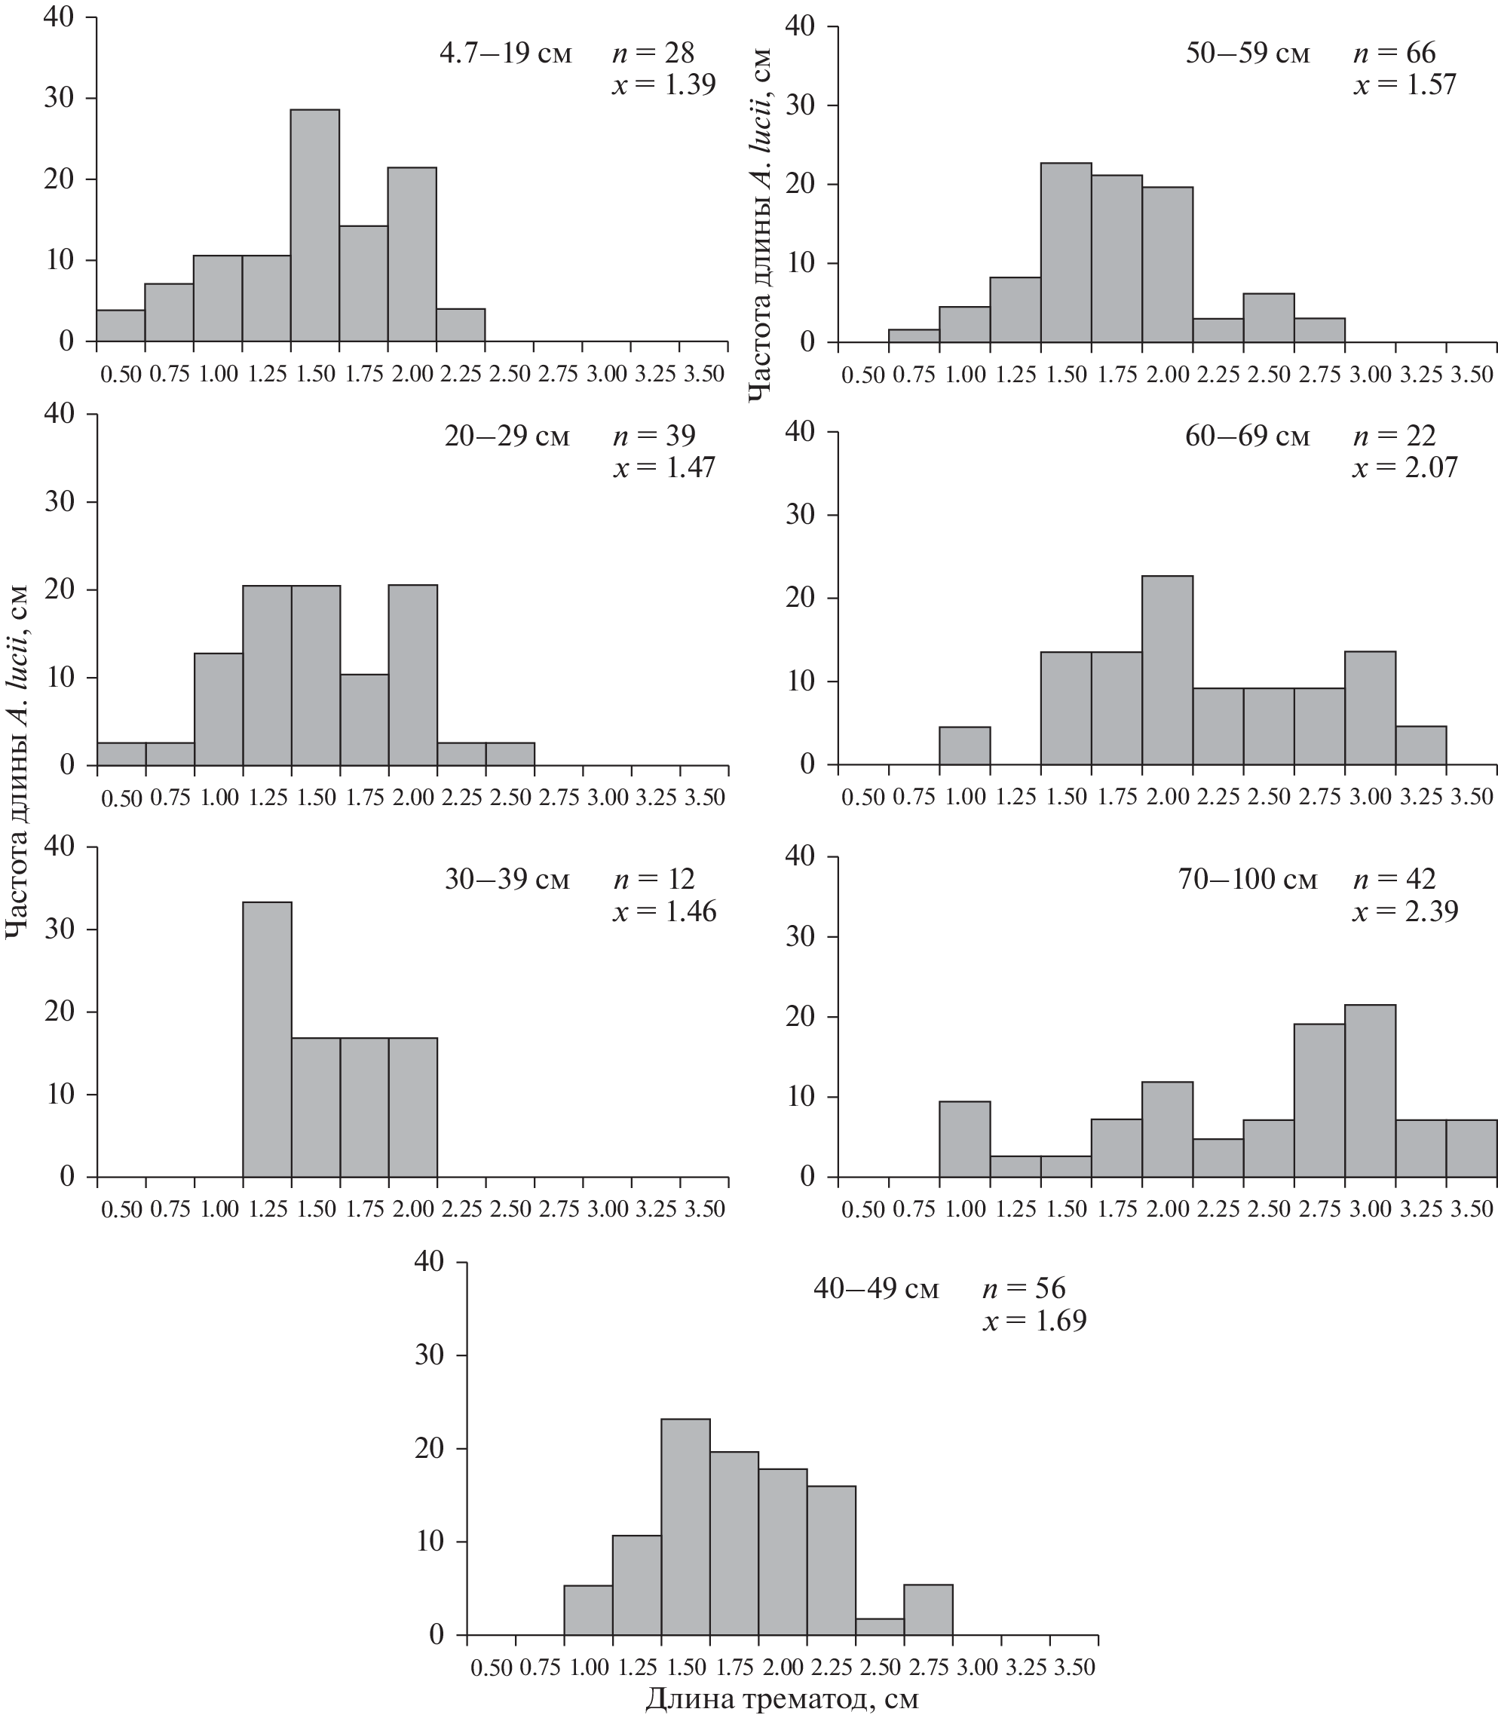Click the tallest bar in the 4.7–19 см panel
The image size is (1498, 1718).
[315, 225]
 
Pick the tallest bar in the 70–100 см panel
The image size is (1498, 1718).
[1370, 1090]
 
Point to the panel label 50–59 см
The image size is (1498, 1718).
[1247, 54]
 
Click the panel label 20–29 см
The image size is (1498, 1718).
[507, 436]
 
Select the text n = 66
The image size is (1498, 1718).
[1395, 54]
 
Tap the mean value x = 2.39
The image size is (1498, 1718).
[1405, 911]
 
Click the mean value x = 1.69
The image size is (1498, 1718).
[1034, 1321]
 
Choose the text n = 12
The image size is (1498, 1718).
[654, 880]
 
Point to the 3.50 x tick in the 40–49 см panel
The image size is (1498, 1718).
[1074, 1667]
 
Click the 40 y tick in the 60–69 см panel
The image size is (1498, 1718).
[800, 432]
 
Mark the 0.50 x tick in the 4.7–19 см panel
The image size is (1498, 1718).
[121, 374]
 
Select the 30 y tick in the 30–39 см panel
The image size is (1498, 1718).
[61, 929]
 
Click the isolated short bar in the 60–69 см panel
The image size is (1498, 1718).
[965, 746]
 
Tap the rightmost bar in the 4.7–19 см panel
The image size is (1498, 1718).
[461, 325]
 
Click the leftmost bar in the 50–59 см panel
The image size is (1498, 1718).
[914, 336]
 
